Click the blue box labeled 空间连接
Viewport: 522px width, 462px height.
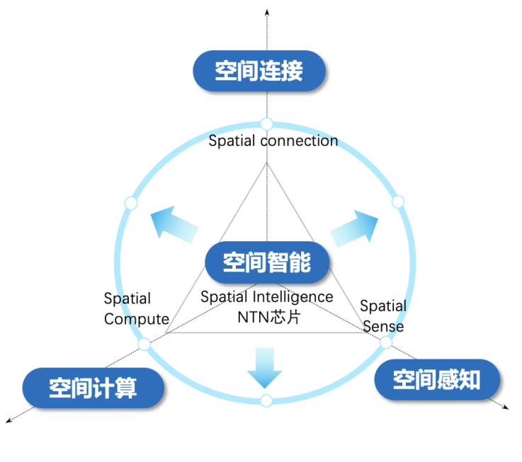click(x=259, y=71)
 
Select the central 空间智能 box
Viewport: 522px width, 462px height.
click(x=267, y=263)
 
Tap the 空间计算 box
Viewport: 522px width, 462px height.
click(x=93, y=388)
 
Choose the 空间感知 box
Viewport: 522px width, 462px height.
click(x=436, y=380)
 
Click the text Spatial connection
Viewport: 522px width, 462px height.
click(x=273, y=141)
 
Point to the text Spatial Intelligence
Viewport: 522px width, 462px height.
click(x=266, y=297)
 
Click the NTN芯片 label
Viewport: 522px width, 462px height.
click(x=268, y=316)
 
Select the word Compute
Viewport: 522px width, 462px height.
click(x=137, y=319)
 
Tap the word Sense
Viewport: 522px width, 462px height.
click(x=383, y=326)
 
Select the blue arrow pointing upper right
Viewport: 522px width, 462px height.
click(x=355, y=227)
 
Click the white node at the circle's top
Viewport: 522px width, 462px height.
click(x=266, y=125)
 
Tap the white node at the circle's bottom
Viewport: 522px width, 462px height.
click(x=266, y=401)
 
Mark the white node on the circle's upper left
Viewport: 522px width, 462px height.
click(x=130, y=204)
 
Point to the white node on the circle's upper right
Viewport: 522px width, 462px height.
click(x=398, y=202)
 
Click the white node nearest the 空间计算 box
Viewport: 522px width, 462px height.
click(x=144, y=345)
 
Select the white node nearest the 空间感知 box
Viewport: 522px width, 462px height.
click(x=386, y=342)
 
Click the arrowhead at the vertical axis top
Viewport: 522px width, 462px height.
click(x=266, y=11)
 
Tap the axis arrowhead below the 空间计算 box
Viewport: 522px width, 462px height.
click(x=9, y=421)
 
